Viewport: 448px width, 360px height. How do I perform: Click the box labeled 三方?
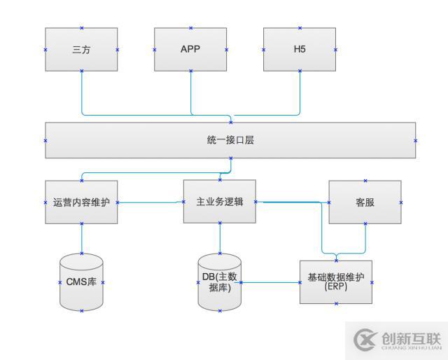pos(81,50)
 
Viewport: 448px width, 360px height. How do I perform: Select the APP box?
pos(190,50)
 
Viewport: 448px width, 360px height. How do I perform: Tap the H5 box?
pos(300,50)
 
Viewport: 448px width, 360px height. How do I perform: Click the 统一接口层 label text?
pos(230,140)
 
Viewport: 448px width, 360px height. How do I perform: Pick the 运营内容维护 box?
pos(81,202)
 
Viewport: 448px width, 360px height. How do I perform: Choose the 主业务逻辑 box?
pos(220,202)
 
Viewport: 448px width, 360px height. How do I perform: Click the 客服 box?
pos(365,202)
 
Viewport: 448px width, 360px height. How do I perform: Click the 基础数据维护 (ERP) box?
pos(336,282)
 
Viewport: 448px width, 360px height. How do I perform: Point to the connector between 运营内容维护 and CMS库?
pos(81,238)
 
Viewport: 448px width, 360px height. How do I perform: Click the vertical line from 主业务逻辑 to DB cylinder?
pos(220,238)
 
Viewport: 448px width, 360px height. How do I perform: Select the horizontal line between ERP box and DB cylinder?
pos(270,282)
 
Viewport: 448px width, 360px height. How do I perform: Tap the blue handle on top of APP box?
pos(190,28)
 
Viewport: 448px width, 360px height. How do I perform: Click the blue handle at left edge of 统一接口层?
pos(45,140)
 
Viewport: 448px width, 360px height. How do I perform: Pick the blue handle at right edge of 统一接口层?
pos(415,140)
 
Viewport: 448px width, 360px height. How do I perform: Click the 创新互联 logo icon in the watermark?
pos(365,340)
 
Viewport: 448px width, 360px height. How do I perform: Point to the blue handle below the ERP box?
pos(336,303)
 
